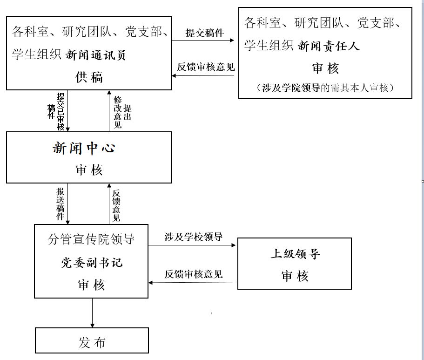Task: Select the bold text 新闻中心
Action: (x=84, y=149)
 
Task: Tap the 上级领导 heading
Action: (x=295, y=254)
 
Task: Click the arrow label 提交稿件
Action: (x=204, y=33)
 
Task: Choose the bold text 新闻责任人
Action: (x=329, y=46)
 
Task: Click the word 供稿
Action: (x=89, y=77)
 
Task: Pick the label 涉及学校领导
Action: (x=193, y=237)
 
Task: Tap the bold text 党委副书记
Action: (x=92, y=263)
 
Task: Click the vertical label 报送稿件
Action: (x=61, y=204)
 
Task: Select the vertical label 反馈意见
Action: (x=116, y=204)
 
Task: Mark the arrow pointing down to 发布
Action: (x=92, y=313)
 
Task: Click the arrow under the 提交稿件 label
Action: (x=204, y=41)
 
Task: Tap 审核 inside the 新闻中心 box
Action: (x=89, y=170)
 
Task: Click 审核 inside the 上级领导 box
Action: (x=295, y=276)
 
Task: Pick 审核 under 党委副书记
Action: (x=92, y=285)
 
